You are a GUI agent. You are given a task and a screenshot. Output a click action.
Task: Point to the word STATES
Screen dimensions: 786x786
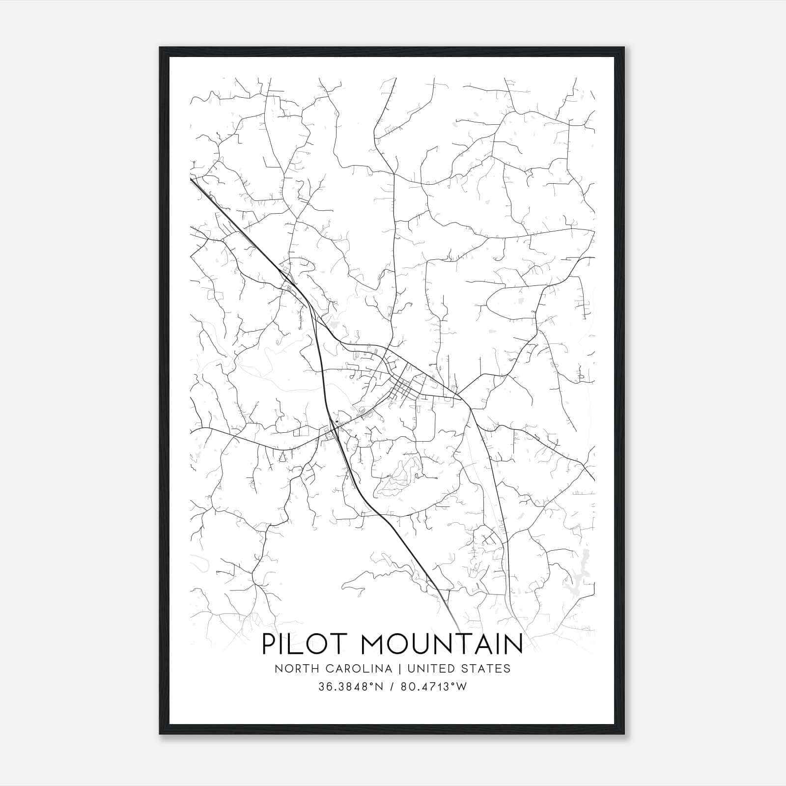coord(487,669)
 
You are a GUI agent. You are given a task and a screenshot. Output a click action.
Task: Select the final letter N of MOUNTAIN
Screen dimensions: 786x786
coord(512,644)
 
